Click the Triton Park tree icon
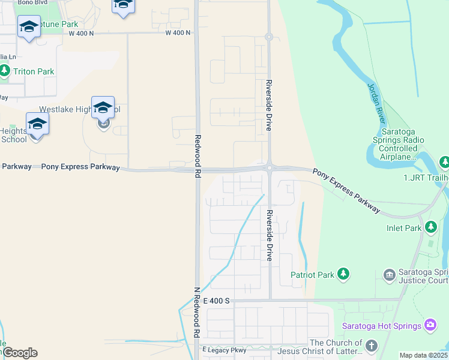5,71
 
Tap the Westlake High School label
79,110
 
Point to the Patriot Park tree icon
343,274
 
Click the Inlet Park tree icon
430,227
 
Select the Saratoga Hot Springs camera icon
430,325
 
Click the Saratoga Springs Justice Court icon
389,274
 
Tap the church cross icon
372,346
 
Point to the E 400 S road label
216,300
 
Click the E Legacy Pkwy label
224,350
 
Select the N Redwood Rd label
196,312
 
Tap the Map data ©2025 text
424,355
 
